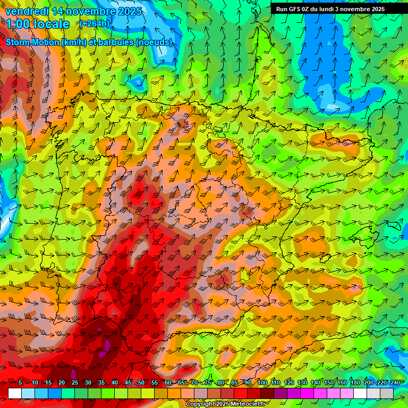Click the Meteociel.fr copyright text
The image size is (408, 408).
[x=225, y=404]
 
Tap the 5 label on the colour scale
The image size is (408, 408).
[x=20, y=382]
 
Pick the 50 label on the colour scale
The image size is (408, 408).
[x=141, y=382]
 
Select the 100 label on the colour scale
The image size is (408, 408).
[x=262, y=382]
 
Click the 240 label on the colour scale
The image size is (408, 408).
[x=395, y=382]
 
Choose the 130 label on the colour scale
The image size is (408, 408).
[x=302, y=382]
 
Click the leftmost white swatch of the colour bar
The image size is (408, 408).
[x=15, y=393]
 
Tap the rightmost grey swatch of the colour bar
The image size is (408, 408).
[x=387, y=393]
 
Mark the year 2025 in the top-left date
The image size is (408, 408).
[x=130, y=11]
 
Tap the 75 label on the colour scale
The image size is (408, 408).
[x=208, y=382]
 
